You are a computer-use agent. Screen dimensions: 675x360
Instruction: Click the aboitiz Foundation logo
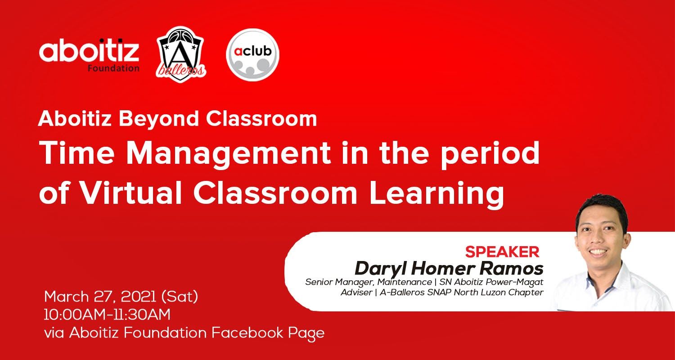[89, 55]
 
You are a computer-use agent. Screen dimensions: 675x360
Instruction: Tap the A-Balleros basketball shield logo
[181, 54]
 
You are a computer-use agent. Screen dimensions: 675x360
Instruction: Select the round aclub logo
[252, 54]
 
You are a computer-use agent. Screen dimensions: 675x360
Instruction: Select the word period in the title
[490, 154]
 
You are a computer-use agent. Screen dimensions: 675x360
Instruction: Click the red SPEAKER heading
[502, 252]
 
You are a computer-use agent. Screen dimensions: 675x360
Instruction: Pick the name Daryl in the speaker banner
[381, 268]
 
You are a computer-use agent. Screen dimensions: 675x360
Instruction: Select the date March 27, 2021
[100, 297]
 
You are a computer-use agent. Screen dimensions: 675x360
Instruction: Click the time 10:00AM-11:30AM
[107, 315]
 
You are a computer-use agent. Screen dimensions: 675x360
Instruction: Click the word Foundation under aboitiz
[113, 68]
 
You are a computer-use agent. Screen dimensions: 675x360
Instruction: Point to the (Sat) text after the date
[180, 297]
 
